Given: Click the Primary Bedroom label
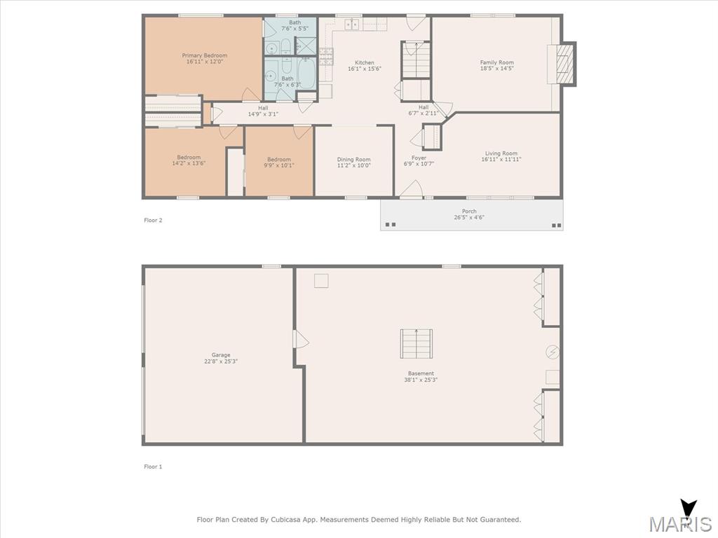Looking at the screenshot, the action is pyautogui.click(x=205, y=55).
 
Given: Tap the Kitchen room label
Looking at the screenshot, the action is pyautogui.click(x=365, y=62).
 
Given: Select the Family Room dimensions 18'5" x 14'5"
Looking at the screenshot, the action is pyautogui.click(x=497, y=68).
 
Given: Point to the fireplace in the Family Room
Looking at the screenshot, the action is pyautogui.click(x=562, y=64).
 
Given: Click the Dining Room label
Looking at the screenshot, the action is pyautogui.click(x=353, y=160).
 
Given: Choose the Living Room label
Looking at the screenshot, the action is pyautogui.click(x=501, y=153).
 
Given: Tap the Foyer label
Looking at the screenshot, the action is pyautogui.click(x=419, y=158).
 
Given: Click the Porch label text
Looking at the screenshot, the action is pyautogui.click(x=469, y=212).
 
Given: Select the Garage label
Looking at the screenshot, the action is pyautogui.click(x=221, y=355).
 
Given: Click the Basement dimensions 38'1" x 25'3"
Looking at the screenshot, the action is pyautogui.click(x=421, y=380).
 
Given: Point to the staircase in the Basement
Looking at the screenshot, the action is pyautogui.click(x=416, y=343).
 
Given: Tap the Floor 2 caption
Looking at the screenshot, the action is pyautogui.click(x=153, y=220).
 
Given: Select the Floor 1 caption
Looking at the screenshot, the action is pyautogui.click(x=153, y=467).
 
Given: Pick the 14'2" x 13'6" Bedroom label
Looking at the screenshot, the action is pyautogui.click(x=189, y=160).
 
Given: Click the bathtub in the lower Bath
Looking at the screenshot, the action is pyautogui.click(x=306, y=73).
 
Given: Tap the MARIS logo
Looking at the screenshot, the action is pyautogui.click(x=680, y=518).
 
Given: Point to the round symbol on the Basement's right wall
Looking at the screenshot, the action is pyautogui.click(x=553, y=352).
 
